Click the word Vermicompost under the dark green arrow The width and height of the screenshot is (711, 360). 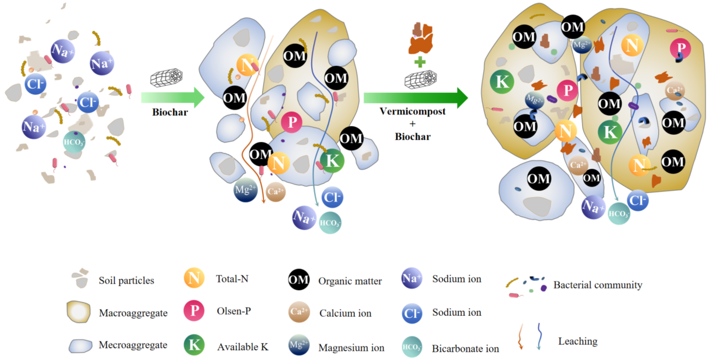click(413, 111)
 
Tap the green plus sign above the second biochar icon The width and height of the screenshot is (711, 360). click(420, 62)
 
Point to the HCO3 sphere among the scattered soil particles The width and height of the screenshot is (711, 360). click(74, 142)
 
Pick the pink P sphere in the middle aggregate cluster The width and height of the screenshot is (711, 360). click(291, 122)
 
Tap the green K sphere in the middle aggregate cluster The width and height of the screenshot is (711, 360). click(332, 161)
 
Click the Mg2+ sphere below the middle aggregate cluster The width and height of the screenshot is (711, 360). click(246, 190)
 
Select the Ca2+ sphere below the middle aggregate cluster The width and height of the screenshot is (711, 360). click(275, 192)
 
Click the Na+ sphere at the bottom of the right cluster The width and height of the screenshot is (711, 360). click(593, 207)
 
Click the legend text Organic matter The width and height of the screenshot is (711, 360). click(350, 281)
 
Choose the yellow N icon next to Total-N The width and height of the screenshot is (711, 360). click(194, 278)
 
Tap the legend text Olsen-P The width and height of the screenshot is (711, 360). click(234, 311)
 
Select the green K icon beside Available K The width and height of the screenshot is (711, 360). click(194, 344)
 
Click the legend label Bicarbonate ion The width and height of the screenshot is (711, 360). click(465, 349)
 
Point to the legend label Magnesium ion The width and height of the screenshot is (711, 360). click(351, 348)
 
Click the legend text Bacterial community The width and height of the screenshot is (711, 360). click(598, 285)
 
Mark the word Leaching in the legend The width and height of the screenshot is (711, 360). click(578, 341)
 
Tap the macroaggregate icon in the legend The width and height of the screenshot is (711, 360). click(79, 312)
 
